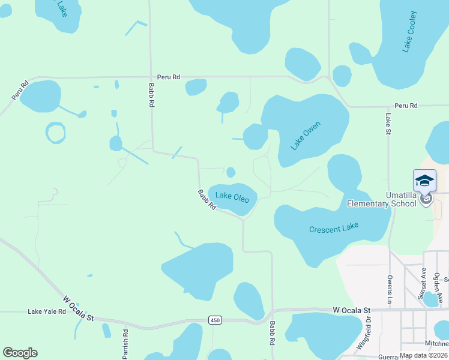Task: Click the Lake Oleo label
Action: tap(232, 196)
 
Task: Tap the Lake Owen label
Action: tap(306, 136)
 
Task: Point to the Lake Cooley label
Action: tap(411, 31)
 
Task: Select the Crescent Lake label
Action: tap(334, 229)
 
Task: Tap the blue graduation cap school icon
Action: tap(424, 181)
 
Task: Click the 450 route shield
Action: tap(215, 320)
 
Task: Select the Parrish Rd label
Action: tap(125, 344)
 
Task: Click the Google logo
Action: tap(20, 353)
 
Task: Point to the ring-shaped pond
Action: tap(55, 133)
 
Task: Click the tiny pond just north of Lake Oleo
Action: tap(231, 173)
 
